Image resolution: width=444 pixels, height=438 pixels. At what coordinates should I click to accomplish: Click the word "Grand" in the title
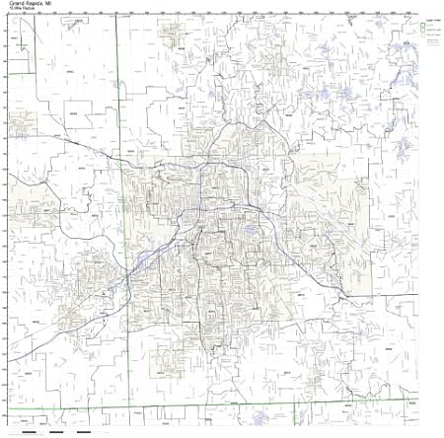point(16,5)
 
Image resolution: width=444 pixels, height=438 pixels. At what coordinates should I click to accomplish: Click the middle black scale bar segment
point(58,431)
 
